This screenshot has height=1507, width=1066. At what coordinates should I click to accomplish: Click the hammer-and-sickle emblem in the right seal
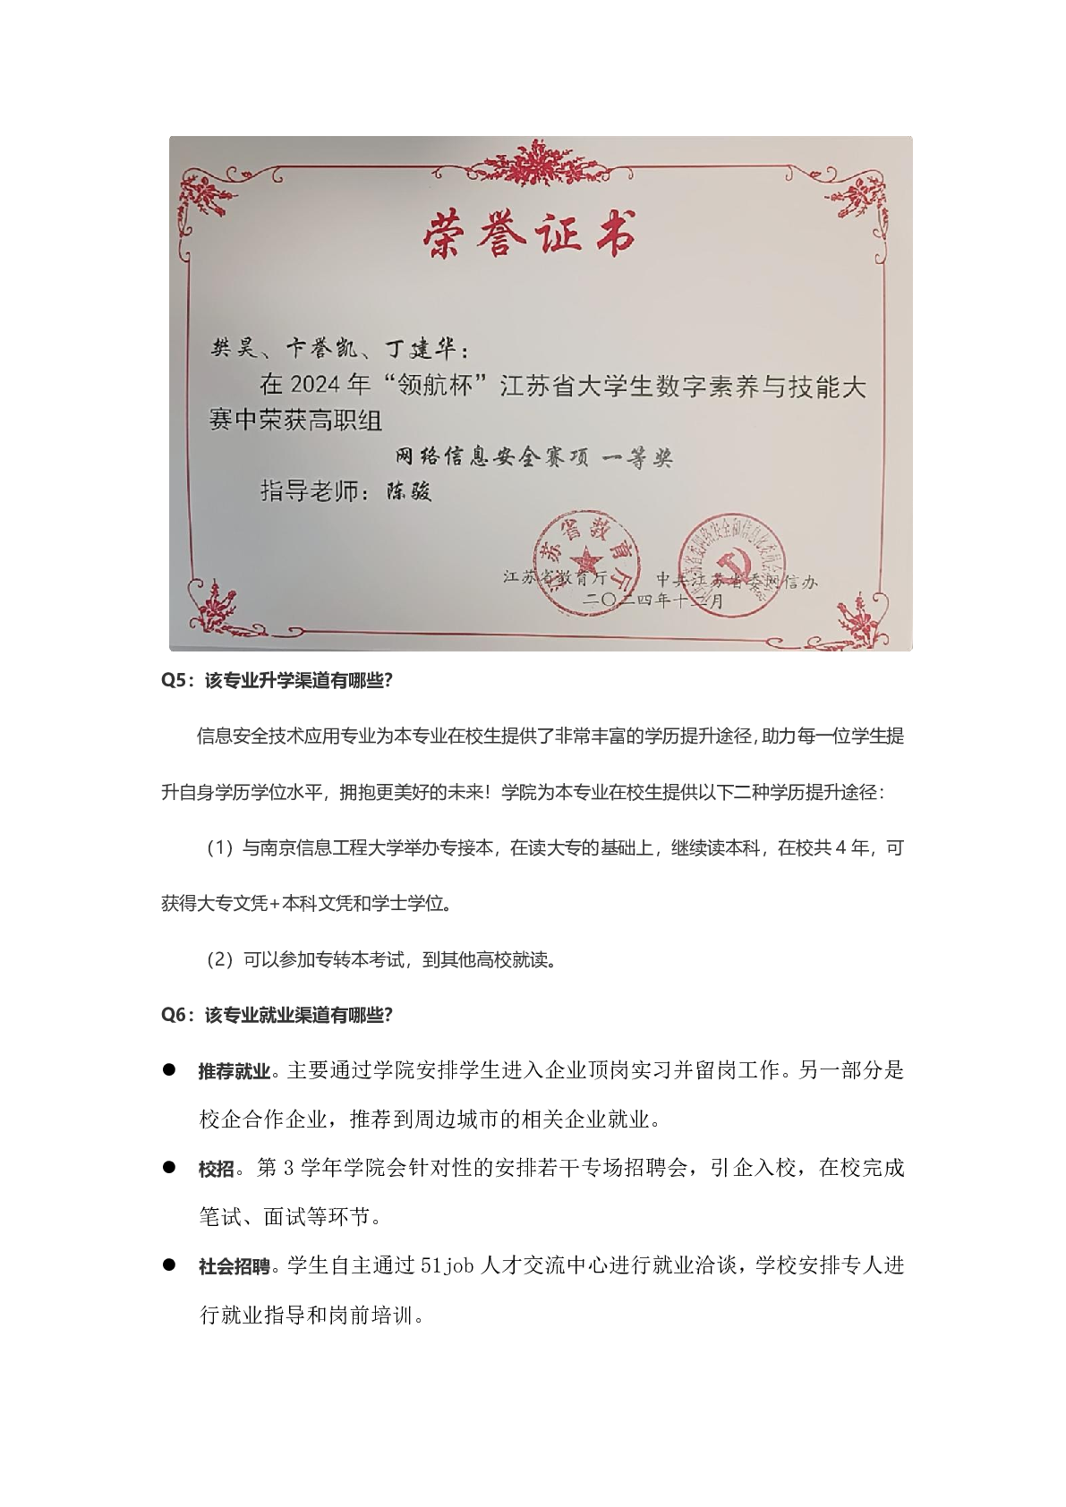point(737,566)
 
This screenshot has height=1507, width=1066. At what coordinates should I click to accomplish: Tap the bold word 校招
point(216,1169)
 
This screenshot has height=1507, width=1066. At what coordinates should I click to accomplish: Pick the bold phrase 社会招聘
point(234,1267)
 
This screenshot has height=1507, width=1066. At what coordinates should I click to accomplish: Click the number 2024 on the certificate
point(316,386)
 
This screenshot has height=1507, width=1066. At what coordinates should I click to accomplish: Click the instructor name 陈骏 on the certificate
point(408,491)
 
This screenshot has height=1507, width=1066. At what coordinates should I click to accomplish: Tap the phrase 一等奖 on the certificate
point(637,459)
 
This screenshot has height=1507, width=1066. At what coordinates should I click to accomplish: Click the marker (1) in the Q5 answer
point(220,848)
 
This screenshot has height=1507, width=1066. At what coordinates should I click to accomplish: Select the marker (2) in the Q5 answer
point(220,960)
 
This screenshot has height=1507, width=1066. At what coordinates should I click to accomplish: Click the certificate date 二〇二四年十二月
point(652,602)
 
